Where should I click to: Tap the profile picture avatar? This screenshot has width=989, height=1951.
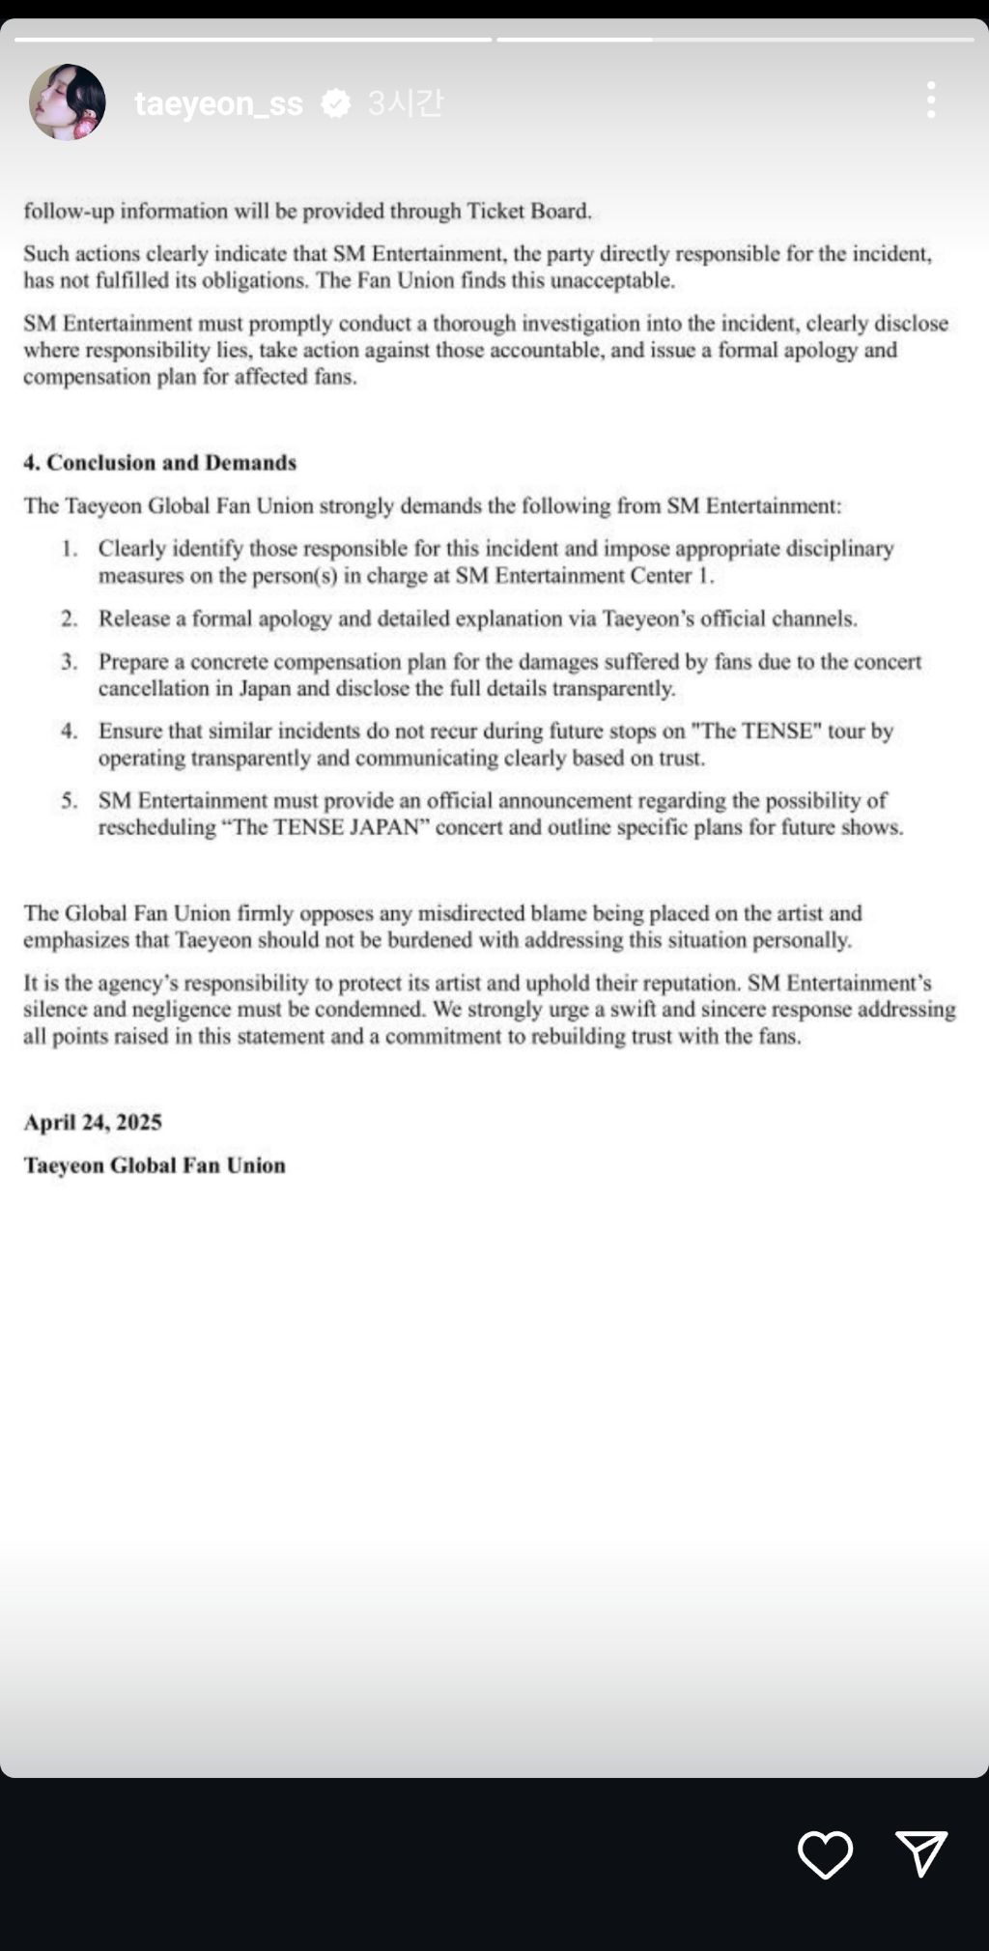(x=67, y=102)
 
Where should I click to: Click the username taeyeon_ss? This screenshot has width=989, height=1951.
(x=218, y=103)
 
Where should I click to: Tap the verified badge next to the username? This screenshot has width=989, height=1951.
(x=336, y=103)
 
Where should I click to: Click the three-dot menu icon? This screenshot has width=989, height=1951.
(x=931, y=100)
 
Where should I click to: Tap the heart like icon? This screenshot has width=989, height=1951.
(x=825, y=1853)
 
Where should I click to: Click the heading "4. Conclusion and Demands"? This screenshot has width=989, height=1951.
(x=160, y=463)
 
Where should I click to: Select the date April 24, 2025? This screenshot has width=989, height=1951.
(x=93, y=1122)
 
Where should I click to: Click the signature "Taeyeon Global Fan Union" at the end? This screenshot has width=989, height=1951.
(x=155, y=1165)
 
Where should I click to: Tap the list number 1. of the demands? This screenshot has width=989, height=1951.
(x=70, y=549)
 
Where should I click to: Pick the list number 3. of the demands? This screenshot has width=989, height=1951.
(x=70, y=662)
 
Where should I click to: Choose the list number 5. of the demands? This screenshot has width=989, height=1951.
(x=70, y=801)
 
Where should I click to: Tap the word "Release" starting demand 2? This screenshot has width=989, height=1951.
(x=133, y=619)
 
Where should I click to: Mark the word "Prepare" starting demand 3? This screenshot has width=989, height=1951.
(x=133, y=662)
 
